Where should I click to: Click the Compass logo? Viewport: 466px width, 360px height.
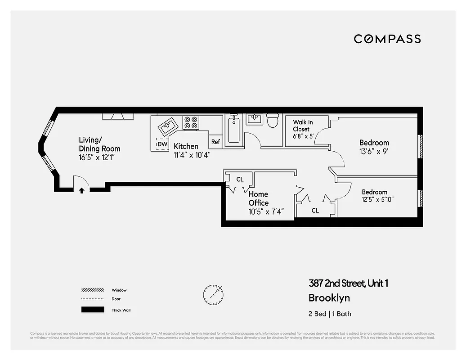click(387, 39)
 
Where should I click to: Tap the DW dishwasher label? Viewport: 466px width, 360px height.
click(162, 144)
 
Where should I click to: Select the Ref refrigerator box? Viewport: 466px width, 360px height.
click(215, 142)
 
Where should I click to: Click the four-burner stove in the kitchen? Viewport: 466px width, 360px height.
click(191, 123)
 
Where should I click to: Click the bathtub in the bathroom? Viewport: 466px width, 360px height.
click(233, 130)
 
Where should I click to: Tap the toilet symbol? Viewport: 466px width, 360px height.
click(273, 121)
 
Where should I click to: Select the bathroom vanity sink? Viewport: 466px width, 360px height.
click(254, 119)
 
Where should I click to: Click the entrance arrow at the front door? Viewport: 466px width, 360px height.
click(81, 190)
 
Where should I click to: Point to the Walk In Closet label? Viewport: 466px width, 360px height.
click(302, 126)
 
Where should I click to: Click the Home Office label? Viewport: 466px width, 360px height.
click(259, 198)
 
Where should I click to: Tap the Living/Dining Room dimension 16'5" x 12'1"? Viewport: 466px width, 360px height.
click(99, 157)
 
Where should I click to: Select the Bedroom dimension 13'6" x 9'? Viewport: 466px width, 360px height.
click(373, 152)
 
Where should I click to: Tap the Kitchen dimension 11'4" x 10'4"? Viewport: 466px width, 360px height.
click(192, 154)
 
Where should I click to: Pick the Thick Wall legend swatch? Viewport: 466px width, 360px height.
click(92, 310)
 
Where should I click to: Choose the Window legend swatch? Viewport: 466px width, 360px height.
click(92, 290)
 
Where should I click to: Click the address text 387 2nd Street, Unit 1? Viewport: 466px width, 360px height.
click(348, 283)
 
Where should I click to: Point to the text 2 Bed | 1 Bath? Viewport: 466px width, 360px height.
click(330, 314)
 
